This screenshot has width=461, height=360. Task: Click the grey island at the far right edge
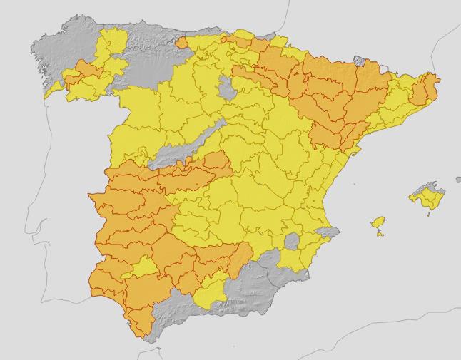click(458, 180)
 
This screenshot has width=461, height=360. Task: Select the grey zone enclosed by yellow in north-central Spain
click(228, 88)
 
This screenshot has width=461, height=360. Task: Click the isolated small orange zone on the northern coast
click(181, 43)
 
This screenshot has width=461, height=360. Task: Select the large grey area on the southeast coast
click(264, 285)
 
